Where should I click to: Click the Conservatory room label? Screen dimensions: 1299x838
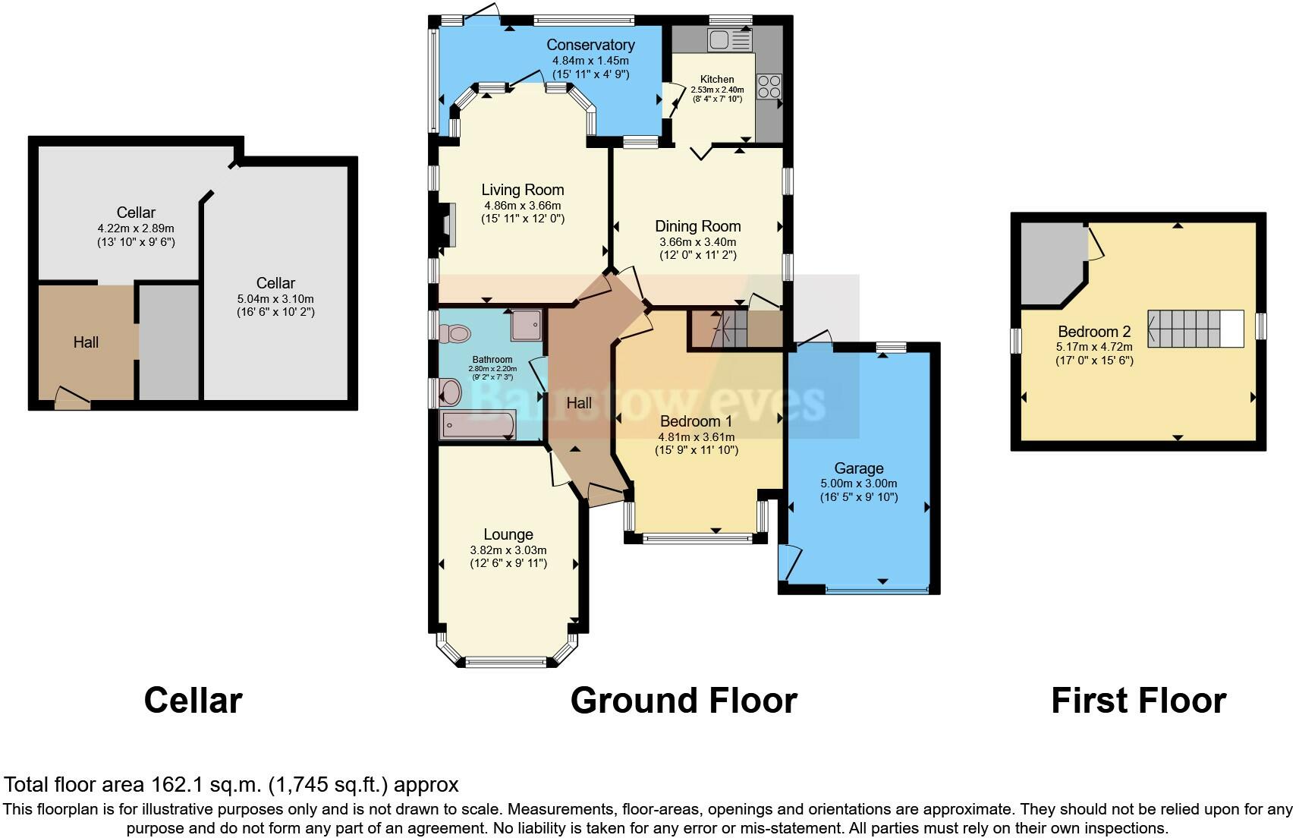[590, 45]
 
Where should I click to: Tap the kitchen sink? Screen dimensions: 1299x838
[729, 40]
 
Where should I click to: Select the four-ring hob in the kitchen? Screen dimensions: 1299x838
[769, 87]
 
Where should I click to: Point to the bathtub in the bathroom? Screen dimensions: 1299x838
[479, 425]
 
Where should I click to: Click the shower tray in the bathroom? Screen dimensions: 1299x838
[527, 325]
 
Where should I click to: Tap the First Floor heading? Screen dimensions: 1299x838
[1138, 701]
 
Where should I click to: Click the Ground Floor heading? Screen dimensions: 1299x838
[684, 701]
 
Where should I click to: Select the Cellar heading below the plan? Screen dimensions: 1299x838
[193, 701]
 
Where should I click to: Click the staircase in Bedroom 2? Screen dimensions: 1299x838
[1196, 329]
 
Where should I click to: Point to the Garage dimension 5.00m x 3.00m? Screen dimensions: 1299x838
[859, 484]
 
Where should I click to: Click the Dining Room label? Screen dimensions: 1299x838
[697, 225]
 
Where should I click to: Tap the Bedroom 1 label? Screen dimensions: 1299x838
[696, 421]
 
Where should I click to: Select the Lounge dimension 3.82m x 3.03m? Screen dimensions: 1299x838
[508, 550]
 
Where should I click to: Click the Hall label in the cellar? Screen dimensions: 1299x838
[86, 342]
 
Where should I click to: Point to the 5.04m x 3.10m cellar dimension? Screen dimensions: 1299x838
[275, 299]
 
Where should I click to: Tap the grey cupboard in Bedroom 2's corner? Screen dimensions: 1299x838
[1052, 263]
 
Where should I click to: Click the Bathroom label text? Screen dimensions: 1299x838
[492, 359]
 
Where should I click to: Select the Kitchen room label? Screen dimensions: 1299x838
[717, 79]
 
